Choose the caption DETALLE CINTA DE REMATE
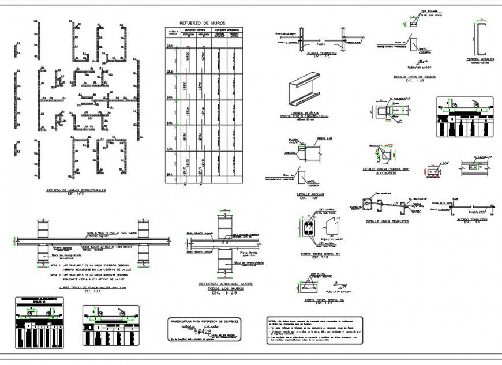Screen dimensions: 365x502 (414, 76)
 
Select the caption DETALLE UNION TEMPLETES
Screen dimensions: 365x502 (387, 221)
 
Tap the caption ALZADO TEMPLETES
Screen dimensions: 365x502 (471, 219)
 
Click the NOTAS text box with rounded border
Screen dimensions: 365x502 (314, 330)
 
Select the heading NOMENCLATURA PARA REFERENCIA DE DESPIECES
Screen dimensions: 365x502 (204, 321)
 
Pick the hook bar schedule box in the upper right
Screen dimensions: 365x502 (465, 116)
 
